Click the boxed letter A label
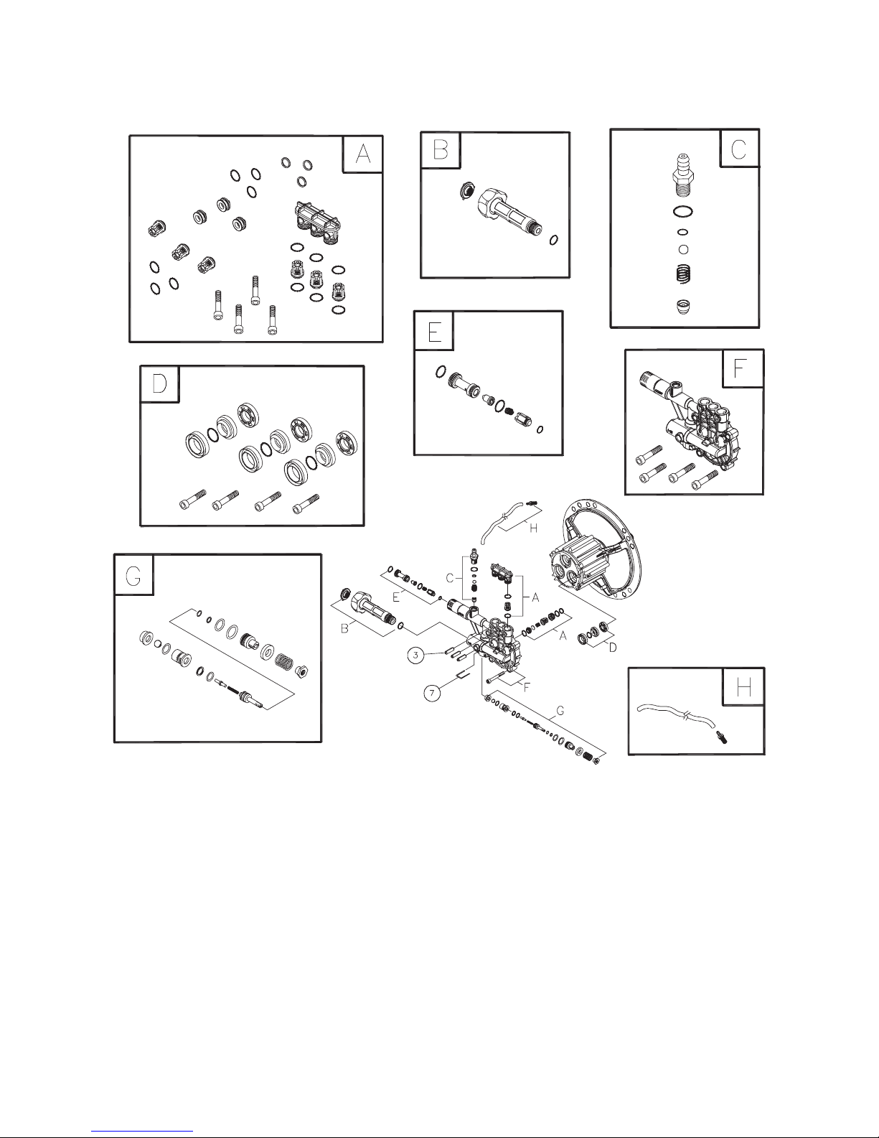point(363,154)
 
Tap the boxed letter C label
point(739,148)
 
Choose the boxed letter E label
point(433,331)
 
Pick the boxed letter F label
point(742,368)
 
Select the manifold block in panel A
point(315,223)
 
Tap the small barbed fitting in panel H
point(718,738)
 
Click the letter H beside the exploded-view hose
point(532,528)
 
